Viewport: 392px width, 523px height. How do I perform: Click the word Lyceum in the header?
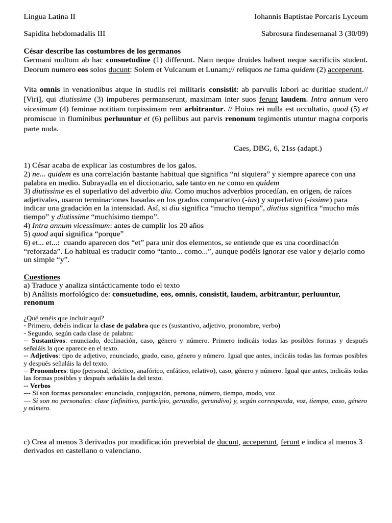(354, 16)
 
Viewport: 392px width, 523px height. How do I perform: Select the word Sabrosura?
(279, 34)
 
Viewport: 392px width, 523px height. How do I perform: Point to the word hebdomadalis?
(75, 34)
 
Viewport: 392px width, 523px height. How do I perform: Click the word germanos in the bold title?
(161, 51)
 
